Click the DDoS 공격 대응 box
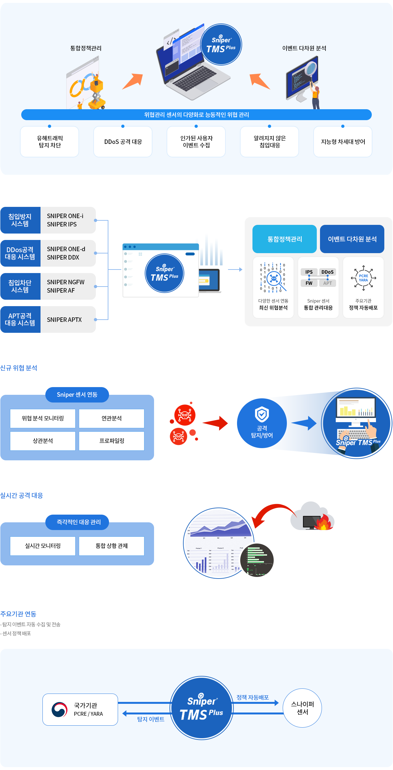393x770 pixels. (x=123, y=142)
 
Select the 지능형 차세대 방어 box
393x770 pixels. (x=343, y=142)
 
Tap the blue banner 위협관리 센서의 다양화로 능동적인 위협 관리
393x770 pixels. (x=196, y=115)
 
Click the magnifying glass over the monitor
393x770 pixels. (x=311, y=68)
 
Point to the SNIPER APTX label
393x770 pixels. (x=64, y=320)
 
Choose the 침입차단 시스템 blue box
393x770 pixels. (x=20, y=286)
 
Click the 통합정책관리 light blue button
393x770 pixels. (x=285, y=239)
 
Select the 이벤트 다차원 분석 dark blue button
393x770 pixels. (x=352, y=239)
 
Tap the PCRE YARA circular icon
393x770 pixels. (x=363, y=278)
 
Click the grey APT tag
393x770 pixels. (x=327, y=283)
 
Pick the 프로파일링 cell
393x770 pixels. (x=112, y=441)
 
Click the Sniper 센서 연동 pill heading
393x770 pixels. (x=77, y=394)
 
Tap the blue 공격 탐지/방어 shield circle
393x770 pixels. (x=262, y=423)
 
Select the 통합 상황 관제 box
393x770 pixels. (x=112, y=546)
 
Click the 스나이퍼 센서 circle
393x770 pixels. (x=302, y=708)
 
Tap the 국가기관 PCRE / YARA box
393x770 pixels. (x=80, y=709)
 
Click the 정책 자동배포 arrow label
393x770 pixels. (x=252, y=697)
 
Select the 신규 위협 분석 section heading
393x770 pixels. (x=19, y=368)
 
